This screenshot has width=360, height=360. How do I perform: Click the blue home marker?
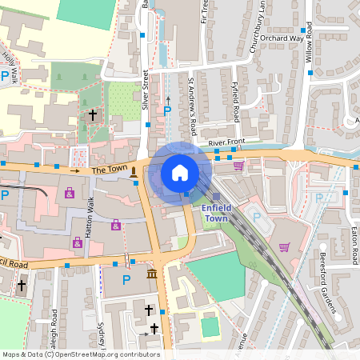(x=180, y=172)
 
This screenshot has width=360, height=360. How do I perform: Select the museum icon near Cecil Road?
(x=152, y=275)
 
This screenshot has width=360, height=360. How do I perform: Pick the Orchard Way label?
(x=282, y=38)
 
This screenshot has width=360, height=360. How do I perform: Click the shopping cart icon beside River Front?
(x=238, y=166)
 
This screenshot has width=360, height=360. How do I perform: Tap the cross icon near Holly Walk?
(x=92, y=115)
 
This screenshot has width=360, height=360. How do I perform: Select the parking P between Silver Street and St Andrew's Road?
(x=167, y=110)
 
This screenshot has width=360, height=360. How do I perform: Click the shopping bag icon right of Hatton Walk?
(x=116, y=225)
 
